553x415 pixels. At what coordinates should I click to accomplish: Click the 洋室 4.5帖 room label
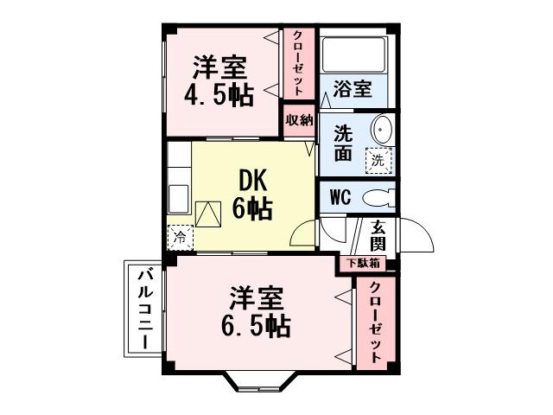coord(220,81)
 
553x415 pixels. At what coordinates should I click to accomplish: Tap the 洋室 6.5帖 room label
coord(257,313)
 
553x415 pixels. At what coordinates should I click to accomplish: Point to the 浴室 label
coord(353,90)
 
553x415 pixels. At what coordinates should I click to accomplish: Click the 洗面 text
coord(343,144)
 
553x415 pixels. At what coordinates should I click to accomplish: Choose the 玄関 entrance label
coord(378,235)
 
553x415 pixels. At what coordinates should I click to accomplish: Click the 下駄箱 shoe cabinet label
coord(363,263)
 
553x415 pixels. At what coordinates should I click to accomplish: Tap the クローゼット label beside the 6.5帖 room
coord(376,322)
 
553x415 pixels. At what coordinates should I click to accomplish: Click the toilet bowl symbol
coord(377,197)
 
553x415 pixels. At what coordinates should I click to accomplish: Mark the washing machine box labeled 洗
coord(378,160)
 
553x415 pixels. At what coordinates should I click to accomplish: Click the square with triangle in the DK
coord(209,213)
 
